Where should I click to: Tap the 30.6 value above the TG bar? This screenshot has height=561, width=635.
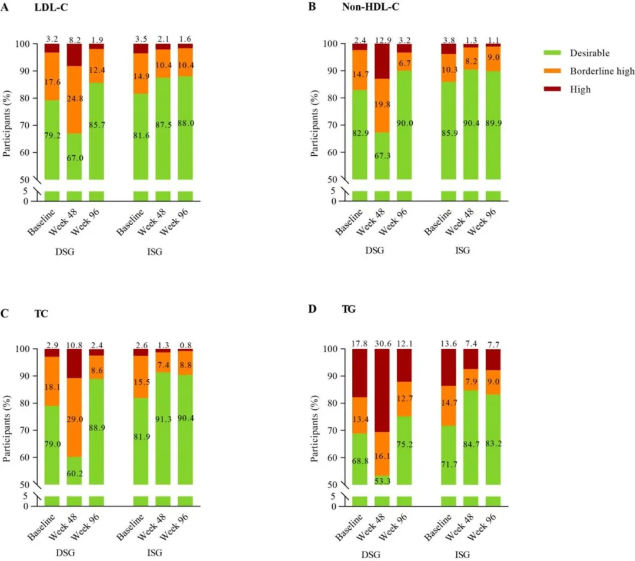383,340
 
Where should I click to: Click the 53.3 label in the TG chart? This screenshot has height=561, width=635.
383,481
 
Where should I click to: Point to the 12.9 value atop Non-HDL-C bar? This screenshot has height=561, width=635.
383,39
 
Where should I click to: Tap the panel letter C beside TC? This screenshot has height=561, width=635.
6,313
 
